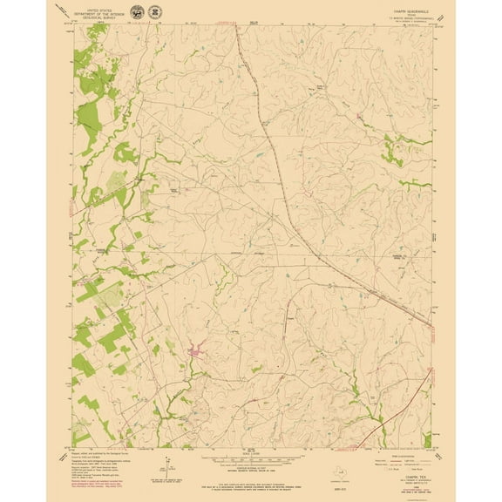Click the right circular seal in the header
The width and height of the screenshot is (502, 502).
coord(155,12)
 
